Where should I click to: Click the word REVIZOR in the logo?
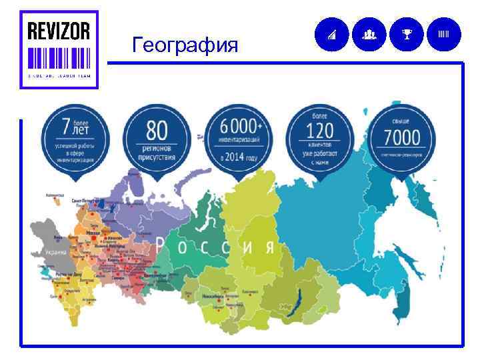tap(59, 31)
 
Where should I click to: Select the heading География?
tap(185, 45)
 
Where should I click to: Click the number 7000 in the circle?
tap(402, 138)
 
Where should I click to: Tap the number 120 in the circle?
tap(320, 130)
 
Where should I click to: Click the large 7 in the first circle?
tap(65, 127)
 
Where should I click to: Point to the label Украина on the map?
tap(57, 253)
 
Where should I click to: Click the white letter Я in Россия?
tap(268, 247)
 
